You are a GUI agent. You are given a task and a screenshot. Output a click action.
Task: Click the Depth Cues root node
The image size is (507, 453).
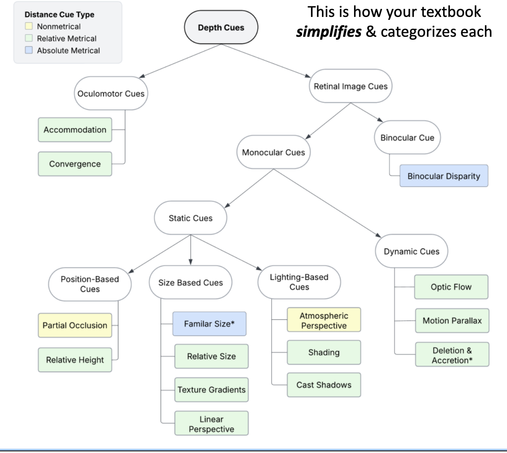pos(221,27)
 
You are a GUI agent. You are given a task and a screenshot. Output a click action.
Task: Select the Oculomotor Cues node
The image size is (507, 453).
pos(111,93)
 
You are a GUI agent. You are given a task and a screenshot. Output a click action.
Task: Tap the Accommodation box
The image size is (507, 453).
pos(75,130)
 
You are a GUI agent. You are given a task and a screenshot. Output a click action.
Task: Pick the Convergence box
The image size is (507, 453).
pos(75,164)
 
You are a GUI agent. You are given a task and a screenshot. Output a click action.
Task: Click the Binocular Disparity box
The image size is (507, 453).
pos(444,176)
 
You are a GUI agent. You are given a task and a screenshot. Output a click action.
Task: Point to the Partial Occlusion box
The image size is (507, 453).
pos(75,325)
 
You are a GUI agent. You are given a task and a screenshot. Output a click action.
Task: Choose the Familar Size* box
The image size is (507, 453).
pos(209,324)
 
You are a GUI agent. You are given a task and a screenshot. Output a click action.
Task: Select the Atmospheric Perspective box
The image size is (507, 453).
pos(324,320)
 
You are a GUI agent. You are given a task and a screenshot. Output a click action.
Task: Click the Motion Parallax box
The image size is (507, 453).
pos(452,321)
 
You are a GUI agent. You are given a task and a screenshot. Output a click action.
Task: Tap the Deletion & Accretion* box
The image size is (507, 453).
pos(452,355)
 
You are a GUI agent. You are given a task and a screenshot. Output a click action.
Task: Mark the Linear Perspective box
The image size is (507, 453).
pos(211,424)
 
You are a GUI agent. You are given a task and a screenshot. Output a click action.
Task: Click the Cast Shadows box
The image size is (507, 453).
pos(324,385)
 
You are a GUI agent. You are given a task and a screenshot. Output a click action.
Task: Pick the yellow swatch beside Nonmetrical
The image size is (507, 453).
pos(29,26)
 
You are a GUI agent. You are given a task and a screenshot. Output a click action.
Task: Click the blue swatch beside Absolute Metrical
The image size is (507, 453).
pos(29,50)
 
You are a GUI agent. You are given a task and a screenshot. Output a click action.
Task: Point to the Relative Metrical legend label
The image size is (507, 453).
pos(67,38)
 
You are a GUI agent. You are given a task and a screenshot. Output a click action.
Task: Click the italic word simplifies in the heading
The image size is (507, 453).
pos(329,32)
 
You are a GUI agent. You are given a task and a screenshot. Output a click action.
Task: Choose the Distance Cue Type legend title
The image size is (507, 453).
pos(59,14)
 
